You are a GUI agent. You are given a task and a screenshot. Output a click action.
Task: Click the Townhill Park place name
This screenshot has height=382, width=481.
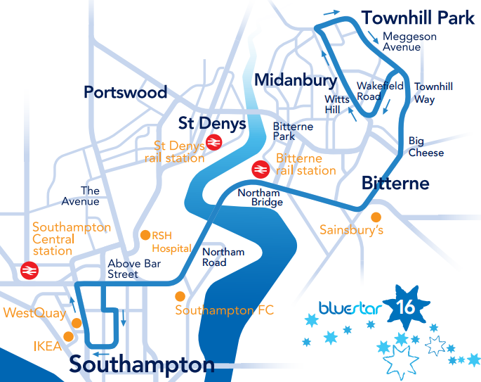pyautogui.click(x=418, y=17)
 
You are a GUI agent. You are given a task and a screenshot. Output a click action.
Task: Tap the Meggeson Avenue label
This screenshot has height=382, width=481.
pyautogui.click(x=409, y=42)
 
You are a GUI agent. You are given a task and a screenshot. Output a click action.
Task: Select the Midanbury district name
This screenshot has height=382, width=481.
pyautogui.click(x=296, y=79)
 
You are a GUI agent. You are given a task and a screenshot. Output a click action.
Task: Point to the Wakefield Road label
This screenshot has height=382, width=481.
pyautogui.click(x=380, y=91)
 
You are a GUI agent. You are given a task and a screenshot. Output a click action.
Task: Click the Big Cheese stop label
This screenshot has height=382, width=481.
pyautogui.click(x=426, y=147)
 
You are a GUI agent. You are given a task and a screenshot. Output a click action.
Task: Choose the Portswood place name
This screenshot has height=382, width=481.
pyautogui.click(x=126, y=92)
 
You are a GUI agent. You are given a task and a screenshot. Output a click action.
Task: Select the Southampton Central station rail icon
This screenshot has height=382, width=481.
pyautogui.click(x=29, y=270)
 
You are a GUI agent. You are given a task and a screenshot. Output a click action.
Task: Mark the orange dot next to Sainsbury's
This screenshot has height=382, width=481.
pyautogui.click(x=376, y=217)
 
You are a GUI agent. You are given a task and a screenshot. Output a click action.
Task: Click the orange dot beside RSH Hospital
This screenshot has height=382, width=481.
pyautogui.click(x=145, y=235)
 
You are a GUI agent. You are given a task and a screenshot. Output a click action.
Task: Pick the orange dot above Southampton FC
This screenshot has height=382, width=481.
pyautogui.click(x=180, y=295)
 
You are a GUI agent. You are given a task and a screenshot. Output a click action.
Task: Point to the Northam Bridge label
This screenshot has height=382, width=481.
pyautogui.click(x=260, y=198)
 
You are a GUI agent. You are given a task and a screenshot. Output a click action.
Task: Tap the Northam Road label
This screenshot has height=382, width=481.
pyautogui.click(x=223, y=257)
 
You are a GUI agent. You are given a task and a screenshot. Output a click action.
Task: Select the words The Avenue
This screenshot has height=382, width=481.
pyautogui.click(x=91, y=196)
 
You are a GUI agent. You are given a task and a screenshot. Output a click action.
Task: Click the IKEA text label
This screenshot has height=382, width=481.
pyautogui.click(x=46, y=346)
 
